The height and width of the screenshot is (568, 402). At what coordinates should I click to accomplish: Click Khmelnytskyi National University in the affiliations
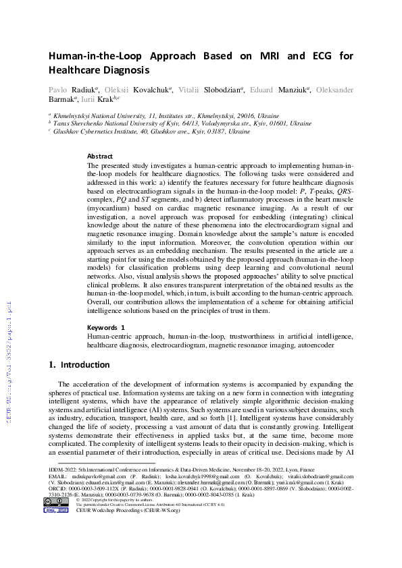point(93,115)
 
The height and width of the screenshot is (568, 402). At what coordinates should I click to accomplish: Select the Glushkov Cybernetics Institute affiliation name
point(93,132)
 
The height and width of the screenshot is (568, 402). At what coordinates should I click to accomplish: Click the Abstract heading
point(100,156)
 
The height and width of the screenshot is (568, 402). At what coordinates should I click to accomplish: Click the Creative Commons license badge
point(57,502)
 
